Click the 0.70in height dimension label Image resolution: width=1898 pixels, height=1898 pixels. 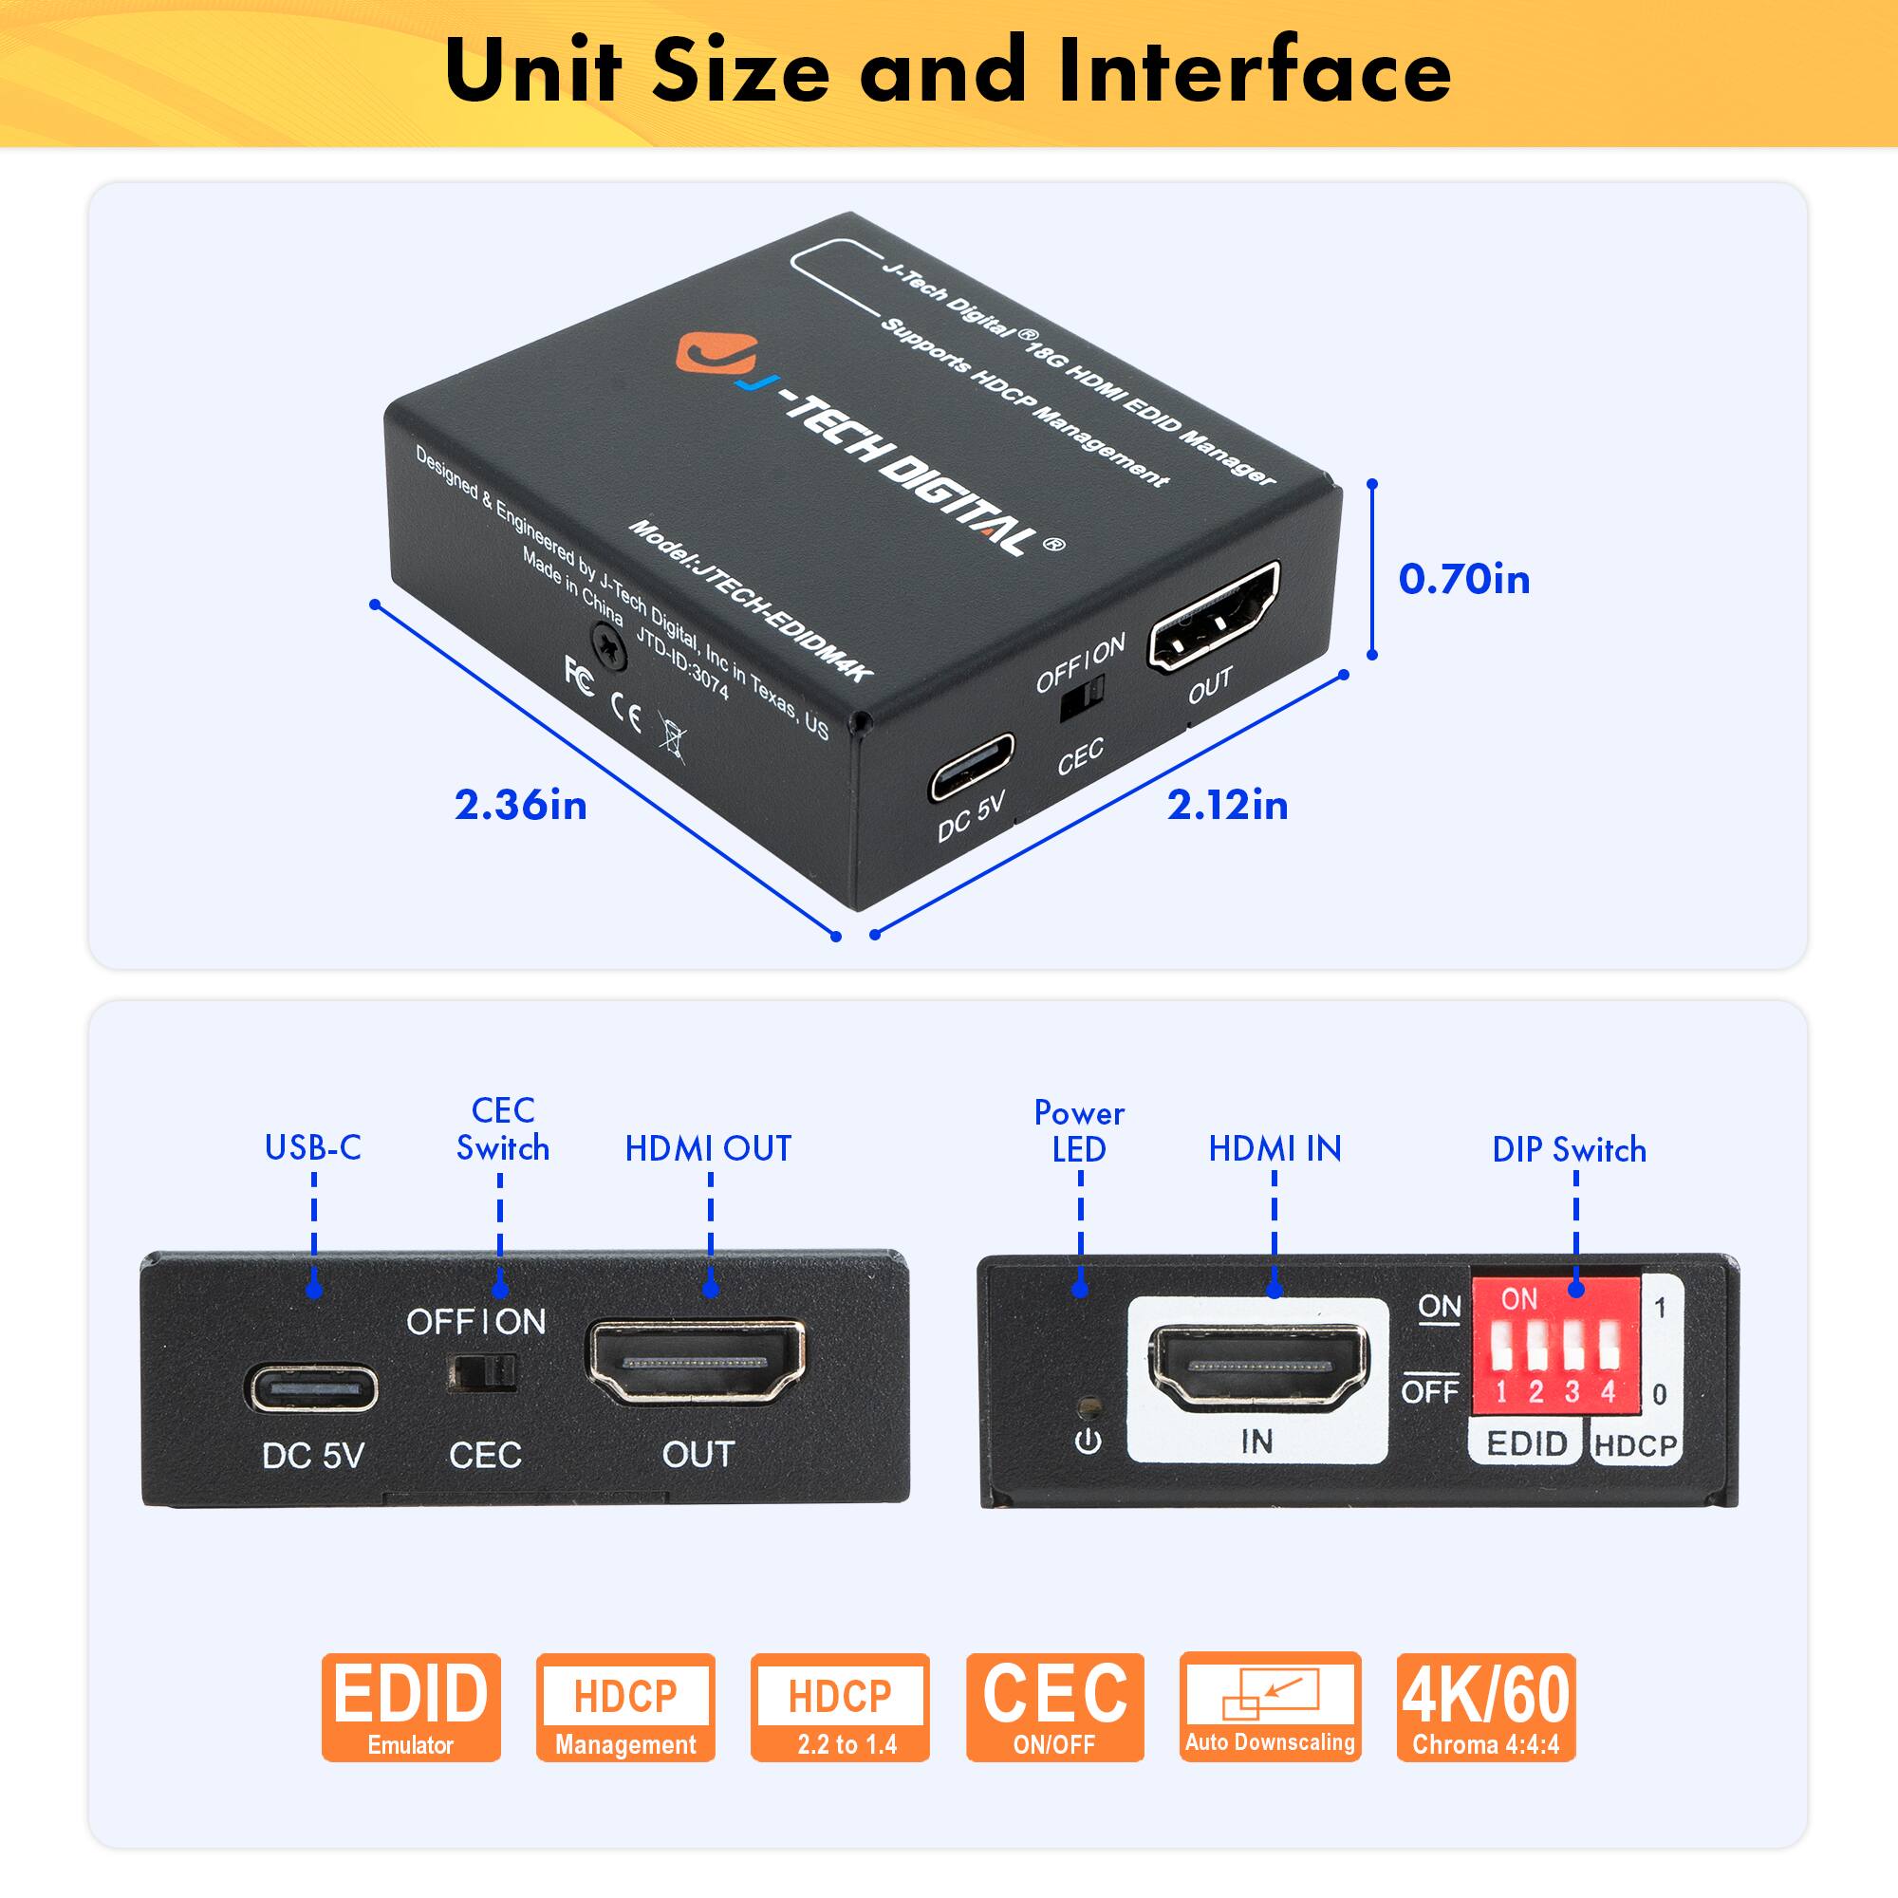click(x=1463, y=579)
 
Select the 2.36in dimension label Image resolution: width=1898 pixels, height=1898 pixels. click(x=520, y=805)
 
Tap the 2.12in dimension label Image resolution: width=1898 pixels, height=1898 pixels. click(x=1227, y=805)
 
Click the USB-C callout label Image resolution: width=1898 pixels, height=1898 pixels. click(x=312, y=1147)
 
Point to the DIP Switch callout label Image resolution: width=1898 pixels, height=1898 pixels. click(x=1569, y=1149)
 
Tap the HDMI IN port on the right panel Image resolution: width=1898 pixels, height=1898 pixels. click(x=1258, y=1367)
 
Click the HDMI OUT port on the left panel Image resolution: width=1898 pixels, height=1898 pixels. click(x=696, y=1363)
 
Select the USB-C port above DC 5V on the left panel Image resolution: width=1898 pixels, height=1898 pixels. click(x=311, y=1388)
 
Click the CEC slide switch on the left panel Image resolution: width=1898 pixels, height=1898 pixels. click(x=482, y=1372)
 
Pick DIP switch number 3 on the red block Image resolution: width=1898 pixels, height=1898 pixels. click(x=1572, y=1348)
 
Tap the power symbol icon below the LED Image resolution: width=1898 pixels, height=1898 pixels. click(x=1088, y=1442)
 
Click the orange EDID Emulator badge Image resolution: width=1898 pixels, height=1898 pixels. click(x=411, y=1707)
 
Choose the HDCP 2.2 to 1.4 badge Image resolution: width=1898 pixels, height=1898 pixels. click(x=839, y=1707)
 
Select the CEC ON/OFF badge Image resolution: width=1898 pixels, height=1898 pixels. click(x=1054, y=1707)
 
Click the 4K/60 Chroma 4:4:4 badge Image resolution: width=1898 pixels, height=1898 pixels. click(x=1485, y=1707)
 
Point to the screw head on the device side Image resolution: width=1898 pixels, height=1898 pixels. click(x=608, y=648)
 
